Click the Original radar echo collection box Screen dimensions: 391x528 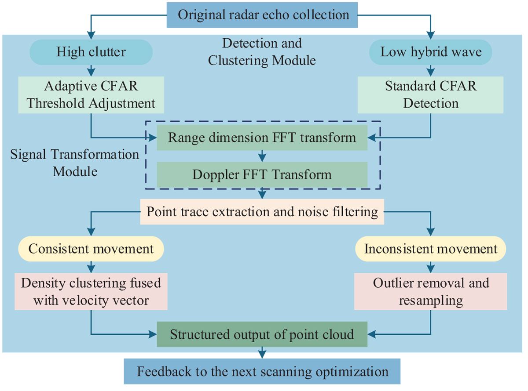coord(263,14)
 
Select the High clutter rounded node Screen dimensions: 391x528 coord(91,52)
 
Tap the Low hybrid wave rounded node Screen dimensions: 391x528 coord(431,52)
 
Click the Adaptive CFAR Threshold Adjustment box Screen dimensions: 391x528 coord(91,94)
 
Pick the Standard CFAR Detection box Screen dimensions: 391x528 coord(431,94)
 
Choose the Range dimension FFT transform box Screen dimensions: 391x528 coord(262,138)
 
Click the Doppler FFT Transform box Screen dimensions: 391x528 coord(262,174)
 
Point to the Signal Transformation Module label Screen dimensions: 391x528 coord(75,163)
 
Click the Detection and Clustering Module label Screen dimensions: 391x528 coord(262,51)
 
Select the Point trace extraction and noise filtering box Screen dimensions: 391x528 coord(262,212)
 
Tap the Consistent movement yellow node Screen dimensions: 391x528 coord(91,249)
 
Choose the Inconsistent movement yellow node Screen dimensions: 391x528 coord(431,249)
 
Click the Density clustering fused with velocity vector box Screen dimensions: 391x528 coord(91,291)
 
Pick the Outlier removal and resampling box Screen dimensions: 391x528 coord(431,291)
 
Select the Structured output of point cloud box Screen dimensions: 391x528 coord(262,334)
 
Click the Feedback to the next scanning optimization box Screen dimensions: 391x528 coord(262,372)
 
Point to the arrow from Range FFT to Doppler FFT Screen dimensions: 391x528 coord(262,156)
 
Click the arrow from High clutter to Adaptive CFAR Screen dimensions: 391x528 coord(91,70)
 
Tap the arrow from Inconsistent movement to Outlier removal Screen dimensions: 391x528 coord(431,266)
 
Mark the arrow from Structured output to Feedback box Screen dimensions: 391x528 coord(262,352)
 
